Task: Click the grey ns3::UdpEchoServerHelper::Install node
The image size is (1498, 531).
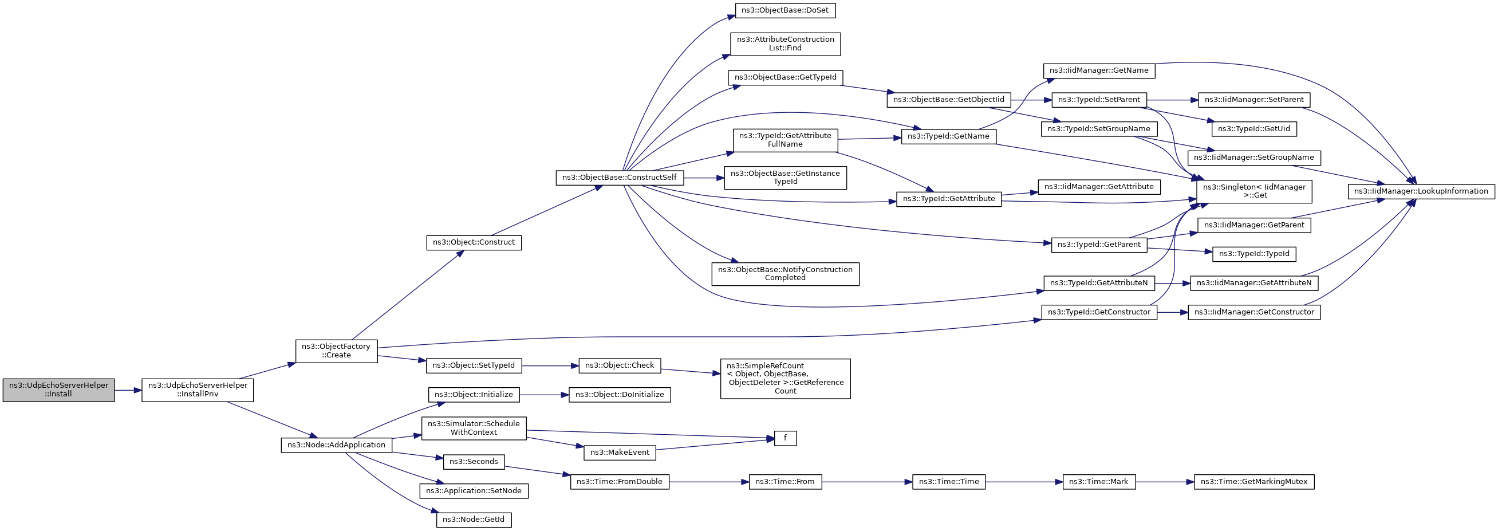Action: (x=59, y=390)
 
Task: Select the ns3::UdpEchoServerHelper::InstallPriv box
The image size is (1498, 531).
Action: (x=198, y=390)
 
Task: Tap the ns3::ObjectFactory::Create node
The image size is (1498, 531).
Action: (x=336, y=351)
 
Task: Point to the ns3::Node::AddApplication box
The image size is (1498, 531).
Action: (x=336, y=445)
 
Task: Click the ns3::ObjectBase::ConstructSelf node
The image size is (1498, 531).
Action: (x=620, y=178)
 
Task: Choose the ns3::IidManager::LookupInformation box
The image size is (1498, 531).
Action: (x=1421, y=191)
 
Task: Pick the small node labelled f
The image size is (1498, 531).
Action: (x=785, y=438)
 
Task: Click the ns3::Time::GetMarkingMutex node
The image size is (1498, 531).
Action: (x=1253, y=482)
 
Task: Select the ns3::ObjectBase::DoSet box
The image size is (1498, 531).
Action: (x=785, y=10)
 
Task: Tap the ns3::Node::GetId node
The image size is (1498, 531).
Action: (x=474, y=520)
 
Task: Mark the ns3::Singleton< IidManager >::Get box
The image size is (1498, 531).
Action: (x=1253, y=191)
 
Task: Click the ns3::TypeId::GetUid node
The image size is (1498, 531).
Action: (x=1253, y=128)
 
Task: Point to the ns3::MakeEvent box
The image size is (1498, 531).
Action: (x=620, y=453)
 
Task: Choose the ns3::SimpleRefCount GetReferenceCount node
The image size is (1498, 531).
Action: (x=785, y=378)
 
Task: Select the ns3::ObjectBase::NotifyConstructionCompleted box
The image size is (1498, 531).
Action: (x=785, y=273)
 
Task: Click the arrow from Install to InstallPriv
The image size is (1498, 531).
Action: (x=128, y=390)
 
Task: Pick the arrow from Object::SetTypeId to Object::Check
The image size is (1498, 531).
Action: (x=550, y=366)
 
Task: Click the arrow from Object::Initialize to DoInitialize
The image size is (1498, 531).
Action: (x=544, y=395)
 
